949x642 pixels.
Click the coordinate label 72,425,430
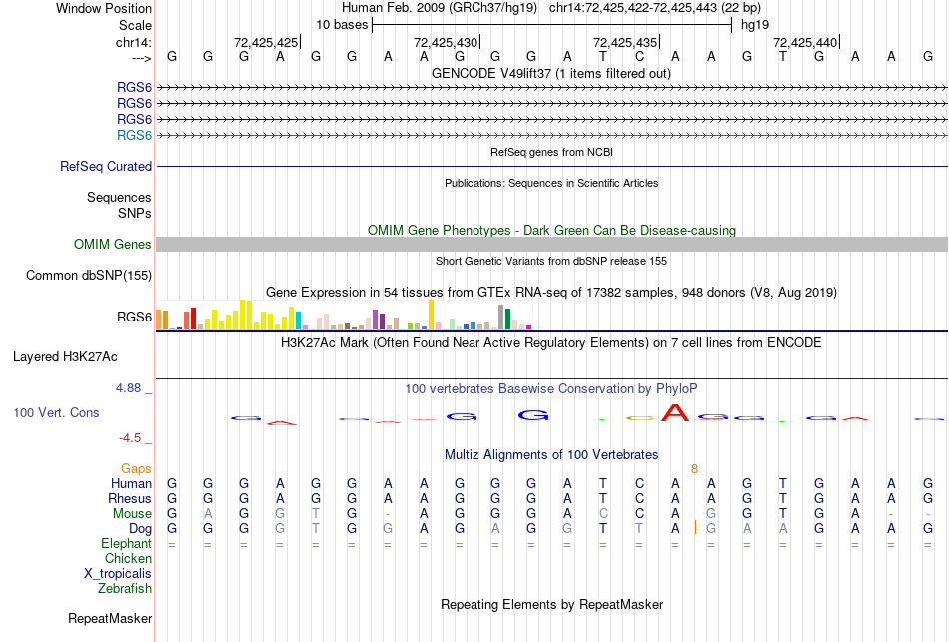point(446,42)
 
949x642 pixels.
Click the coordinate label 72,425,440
point(805,42)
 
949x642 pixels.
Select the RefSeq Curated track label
point(106,167)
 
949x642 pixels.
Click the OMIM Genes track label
point(113,245)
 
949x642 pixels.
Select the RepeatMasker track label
point(110,619)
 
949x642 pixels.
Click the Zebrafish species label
point(125,589)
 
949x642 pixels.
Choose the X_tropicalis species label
point(118,574)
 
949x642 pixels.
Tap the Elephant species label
point(126,544)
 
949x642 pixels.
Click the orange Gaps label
point(136,468)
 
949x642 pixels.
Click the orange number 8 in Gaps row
point(694,468)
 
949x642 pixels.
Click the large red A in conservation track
point(676,412)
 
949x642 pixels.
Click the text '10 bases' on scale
point(342,24)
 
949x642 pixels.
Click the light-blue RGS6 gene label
point(134,135)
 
